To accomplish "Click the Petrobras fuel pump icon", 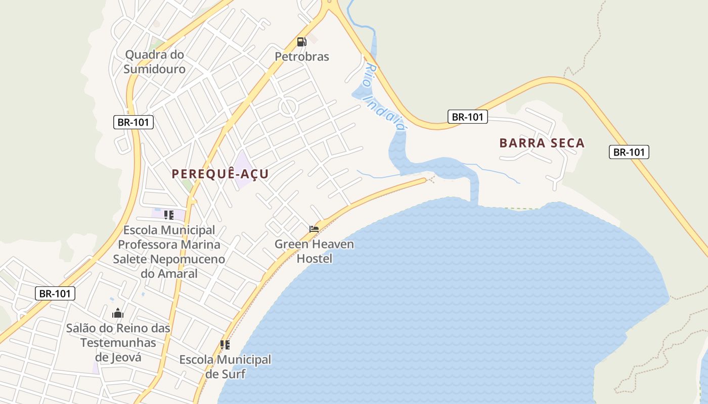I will (301, 41).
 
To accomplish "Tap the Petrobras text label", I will (302, 57).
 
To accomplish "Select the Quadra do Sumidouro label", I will (155, 62).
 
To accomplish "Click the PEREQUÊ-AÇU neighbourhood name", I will (220, 174).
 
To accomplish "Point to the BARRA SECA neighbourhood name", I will (542, 143).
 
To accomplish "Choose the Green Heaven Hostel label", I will (314, 251).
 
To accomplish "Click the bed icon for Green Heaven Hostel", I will (314, 229).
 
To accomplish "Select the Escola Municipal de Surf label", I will (226, 367).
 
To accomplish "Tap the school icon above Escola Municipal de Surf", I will (225, 345).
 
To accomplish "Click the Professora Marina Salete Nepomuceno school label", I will (169, 251).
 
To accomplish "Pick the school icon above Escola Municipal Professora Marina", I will (169, 215).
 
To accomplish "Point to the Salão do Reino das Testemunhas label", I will (118, 342).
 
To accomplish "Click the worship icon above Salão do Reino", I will (118, 314).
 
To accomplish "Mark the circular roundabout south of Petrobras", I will (288, 107).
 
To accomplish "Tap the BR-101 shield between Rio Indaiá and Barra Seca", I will (467, 117).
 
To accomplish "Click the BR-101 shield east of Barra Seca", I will (629, 151).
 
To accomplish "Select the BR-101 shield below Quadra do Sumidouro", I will (133, 122).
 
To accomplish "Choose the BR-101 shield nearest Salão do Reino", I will (55, 293).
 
